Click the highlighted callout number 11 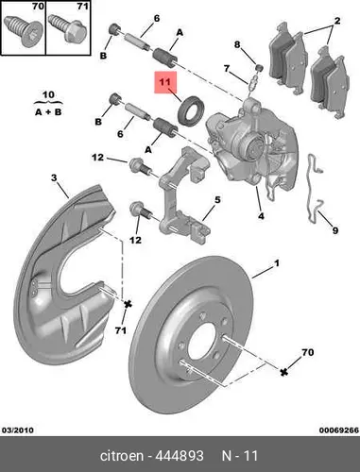click(164, 82)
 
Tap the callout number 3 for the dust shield click(54, 178)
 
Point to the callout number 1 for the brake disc click(277, 263)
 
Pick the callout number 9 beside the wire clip click(335, 230)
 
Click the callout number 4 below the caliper click(261, 216)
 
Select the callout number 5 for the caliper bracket click(217, 200)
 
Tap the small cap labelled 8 click(259, 68)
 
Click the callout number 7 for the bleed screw click(227, 68)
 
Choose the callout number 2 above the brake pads click(337, 21)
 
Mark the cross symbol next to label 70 click(284, 372)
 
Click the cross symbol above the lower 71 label click(128, 304)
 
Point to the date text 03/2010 click(18, 430)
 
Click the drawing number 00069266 click(339, 430)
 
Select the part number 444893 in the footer click(180, 456)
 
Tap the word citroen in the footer click(121, 456)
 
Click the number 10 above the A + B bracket click(48, 94)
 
